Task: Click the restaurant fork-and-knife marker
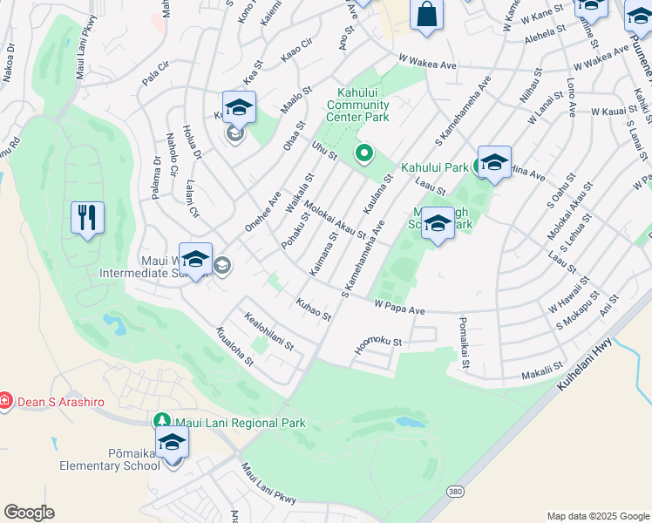pos(87,217)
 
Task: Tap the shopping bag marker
pos(426,16)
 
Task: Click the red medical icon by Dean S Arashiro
pos(6,401)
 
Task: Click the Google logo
pos(29,513)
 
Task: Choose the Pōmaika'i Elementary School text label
pos(110,459)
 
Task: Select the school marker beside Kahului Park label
pos(494,163)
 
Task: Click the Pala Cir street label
pos(155,77)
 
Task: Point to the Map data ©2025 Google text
pos(597,516)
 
